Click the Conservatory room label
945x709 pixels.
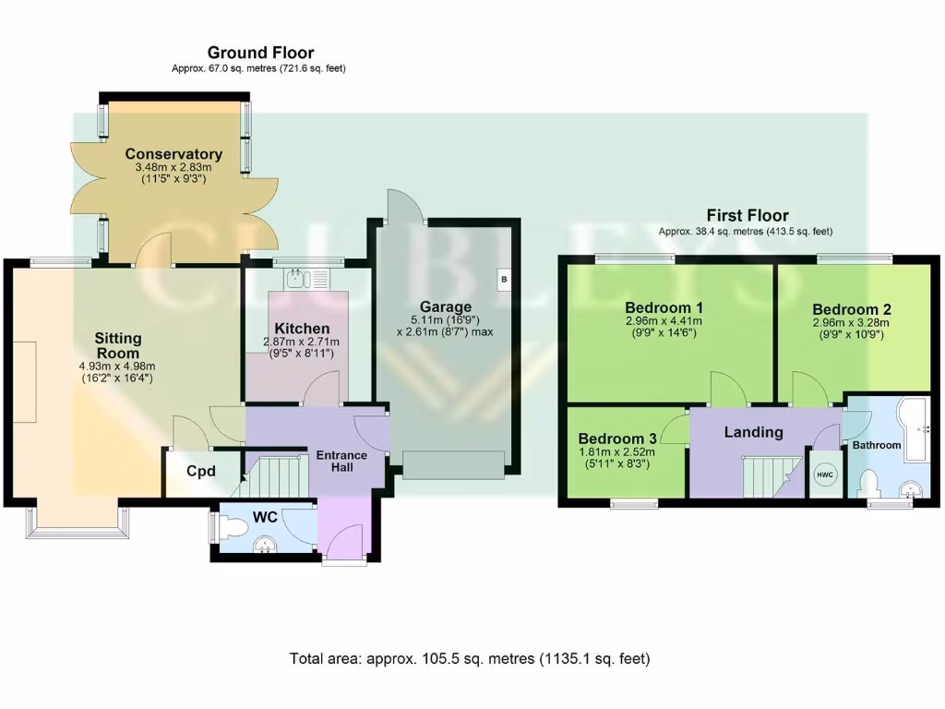point(173,154)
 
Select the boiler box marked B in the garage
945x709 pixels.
point(504,280)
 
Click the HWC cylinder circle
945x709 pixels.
point(824,475)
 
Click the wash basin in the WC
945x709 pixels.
point(263,546)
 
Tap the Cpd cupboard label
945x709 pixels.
point(200,471)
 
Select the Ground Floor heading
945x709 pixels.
point(260,53)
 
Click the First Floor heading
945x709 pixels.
point(748,215)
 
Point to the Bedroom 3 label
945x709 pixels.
point(617,439)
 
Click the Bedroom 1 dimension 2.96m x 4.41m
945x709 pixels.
point(664,321)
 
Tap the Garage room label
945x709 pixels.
point(446,306)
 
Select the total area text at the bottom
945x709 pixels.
point(470,658)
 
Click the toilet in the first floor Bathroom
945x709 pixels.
point(869,483)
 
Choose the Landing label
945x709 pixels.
point(753,432)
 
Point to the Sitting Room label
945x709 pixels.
point(117,345)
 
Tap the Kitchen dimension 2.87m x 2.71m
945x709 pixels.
point(302,342)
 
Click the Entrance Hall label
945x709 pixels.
point(341,461)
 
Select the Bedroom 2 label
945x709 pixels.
point(851,309)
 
